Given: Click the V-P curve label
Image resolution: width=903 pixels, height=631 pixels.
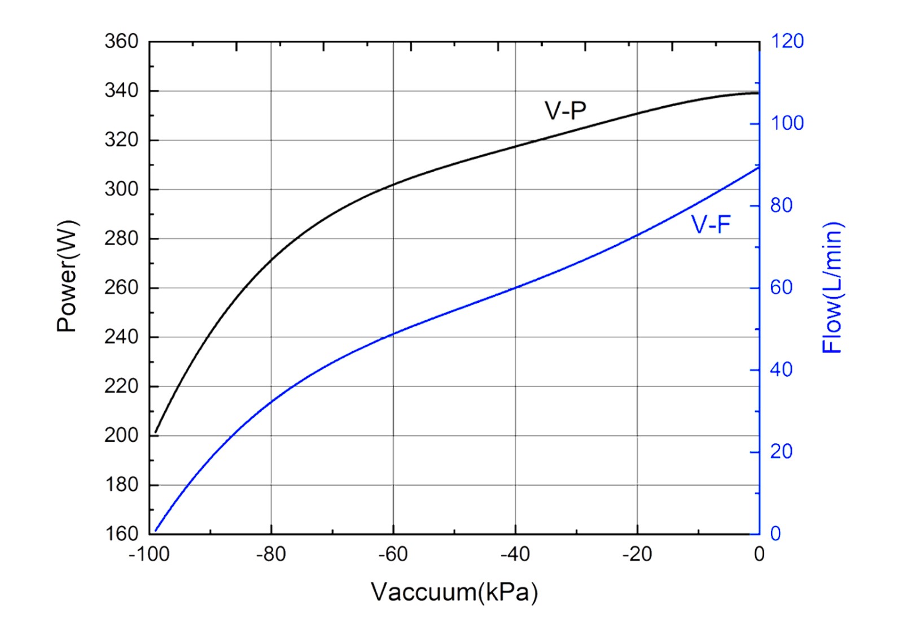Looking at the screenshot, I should pyautogui.click(x=565, y=110).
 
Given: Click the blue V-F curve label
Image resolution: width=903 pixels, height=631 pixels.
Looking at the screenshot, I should pyautogui.click(x=711, y=225).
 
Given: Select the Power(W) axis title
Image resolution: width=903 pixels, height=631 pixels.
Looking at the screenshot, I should pyautogui.click(x=67, y=276).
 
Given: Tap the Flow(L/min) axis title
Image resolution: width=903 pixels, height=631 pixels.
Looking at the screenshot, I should pyautogui.click(x=832, y=288).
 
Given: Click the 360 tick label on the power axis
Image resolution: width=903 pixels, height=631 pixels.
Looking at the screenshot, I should pyautogui.click(x=121, y=41).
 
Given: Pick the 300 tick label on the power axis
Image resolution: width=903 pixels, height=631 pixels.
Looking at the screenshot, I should pyautogui.click(x=121, y=189).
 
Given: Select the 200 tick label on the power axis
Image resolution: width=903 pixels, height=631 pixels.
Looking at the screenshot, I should pyautogui.click(x=121, y=436).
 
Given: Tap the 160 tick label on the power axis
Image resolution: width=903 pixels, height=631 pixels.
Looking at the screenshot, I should pyautogui.click(x=121, y=534).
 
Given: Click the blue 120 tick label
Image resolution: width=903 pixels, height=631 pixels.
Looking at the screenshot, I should pyautogui.click(x=787, y=41).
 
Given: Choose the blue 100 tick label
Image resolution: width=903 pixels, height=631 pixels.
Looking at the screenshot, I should pyautogui.click(x=787, y=124).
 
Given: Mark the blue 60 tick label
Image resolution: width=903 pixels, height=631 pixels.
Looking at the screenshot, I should pyautogui.click(x=782, y=288).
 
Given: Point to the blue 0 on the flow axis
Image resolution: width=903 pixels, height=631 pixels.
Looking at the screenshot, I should pyautogui.click(x=775, y=534).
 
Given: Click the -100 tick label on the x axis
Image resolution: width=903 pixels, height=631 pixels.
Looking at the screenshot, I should pyautogui.click(x=149, y=555).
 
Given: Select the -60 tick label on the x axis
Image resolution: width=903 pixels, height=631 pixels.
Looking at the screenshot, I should pyautogui.click(x=393, y=555).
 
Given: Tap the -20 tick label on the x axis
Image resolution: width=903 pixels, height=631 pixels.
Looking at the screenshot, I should pyautogui.click(x=637, y=555).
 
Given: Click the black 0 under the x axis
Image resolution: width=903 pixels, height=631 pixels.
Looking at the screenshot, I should pyautogui.click(x=759, y=555).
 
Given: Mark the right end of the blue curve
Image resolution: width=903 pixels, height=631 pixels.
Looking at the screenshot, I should pyautogui.click(x=759, y=167).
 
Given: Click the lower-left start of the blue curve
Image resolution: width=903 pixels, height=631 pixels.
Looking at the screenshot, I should pyautogui.click(x=156, y=531).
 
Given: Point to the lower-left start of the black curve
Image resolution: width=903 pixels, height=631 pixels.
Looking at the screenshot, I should pyautogui.click(x=156, y=433).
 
